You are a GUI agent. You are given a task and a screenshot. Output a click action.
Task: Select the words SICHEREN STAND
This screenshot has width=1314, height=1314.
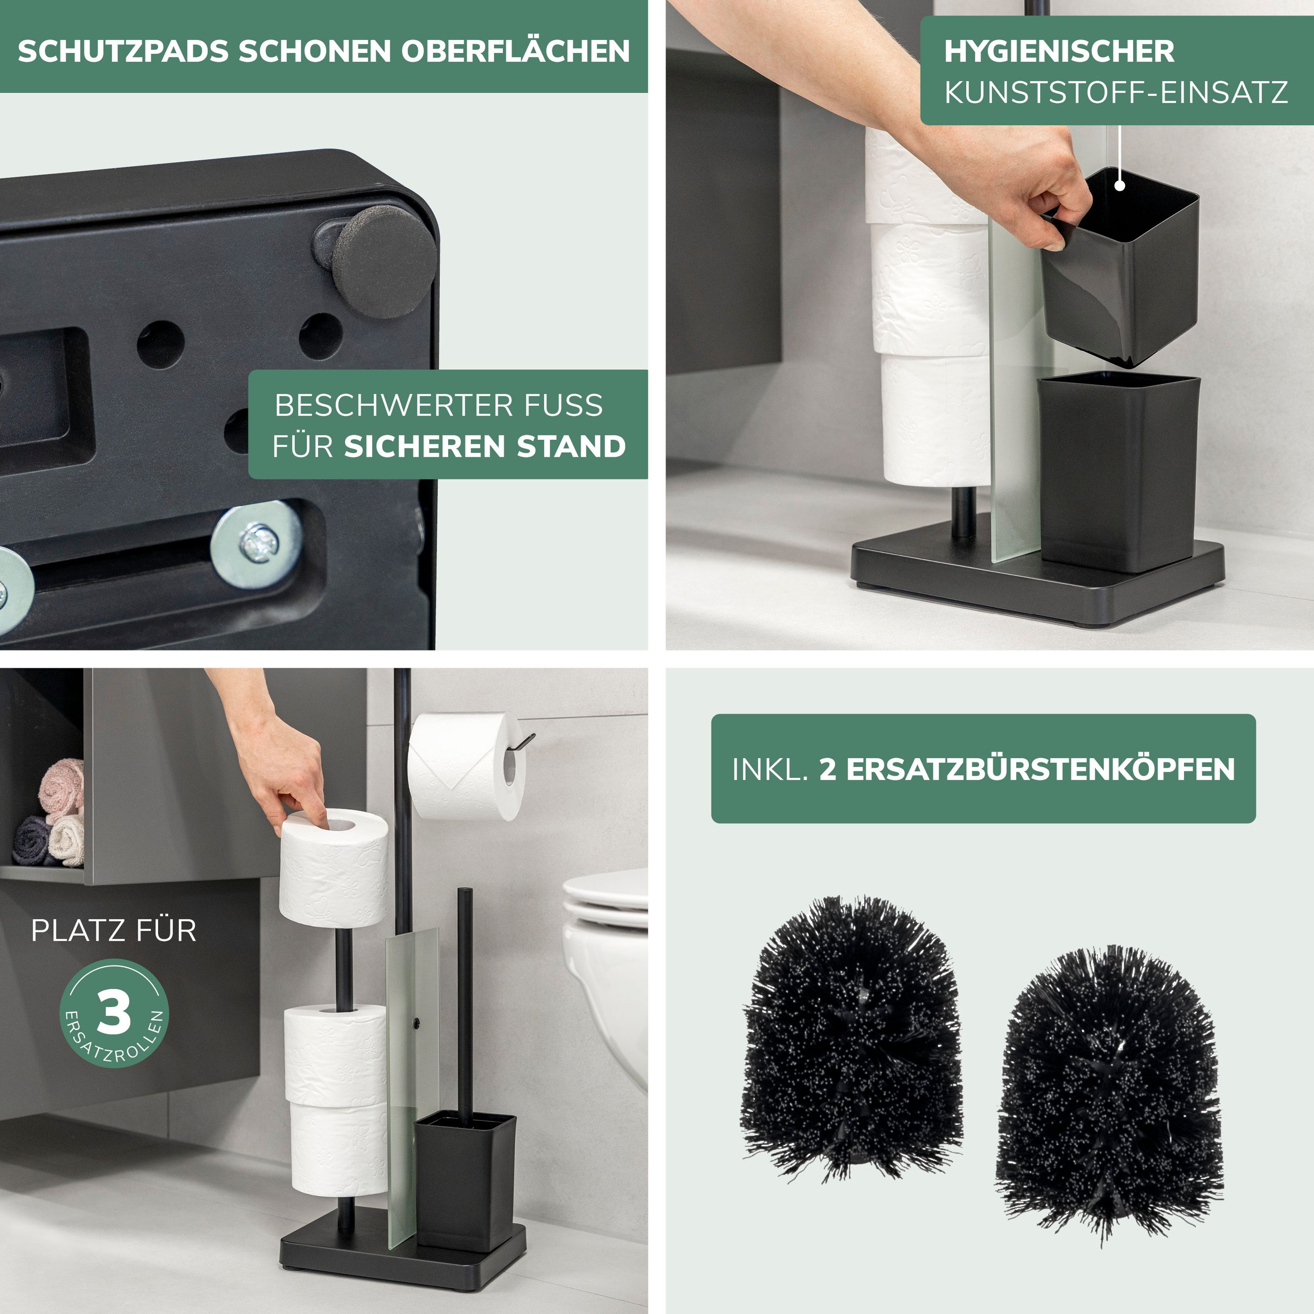[x=485, y=447]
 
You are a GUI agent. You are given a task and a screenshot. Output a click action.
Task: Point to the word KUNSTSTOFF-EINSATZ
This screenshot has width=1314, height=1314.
[x=1116, y=92]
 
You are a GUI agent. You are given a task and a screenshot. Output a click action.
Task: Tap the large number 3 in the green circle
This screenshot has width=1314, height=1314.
[x=113, y=1013]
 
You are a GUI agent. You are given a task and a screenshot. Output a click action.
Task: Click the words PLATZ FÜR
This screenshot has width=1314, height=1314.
[x=113, y=930]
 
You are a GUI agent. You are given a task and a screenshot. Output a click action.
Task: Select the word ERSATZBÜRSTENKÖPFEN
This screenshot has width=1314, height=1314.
[x=1027, y=769]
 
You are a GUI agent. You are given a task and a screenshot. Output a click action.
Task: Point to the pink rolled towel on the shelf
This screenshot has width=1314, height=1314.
[x=61, y=791]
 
